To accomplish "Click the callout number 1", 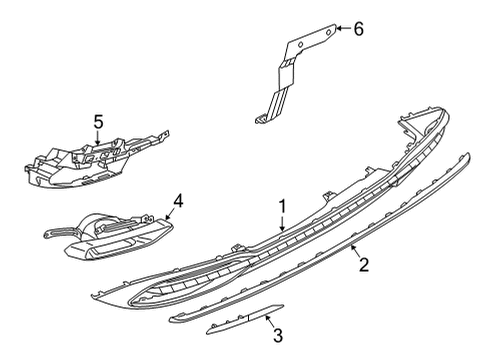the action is [x=282, y=207].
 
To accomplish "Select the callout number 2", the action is [x=364, y=264].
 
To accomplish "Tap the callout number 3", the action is [x=278, y=335].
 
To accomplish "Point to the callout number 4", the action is [x=178, y=201].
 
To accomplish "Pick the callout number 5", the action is [x=98, y=122].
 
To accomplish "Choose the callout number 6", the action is [x=358, y=29].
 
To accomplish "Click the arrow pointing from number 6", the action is [x=344, y=28].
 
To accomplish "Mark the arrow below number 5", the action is [x=98, y=138].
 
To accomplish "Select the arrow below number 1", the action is [x=282, y=223].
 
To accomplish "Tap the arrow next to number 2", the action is [x=355, y=251].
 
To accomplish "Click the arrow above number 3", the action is [x=269, y=321].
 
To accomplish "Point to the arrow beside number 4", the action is [x=169, y=214].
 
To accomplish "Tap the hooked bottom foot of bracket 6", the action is [x=261, y=119].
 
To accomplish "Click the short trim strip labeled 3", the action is [x=245, y=319].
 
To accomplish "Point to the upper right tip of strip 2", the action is [x=468, y=154].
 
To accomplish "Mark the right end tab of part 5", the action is [x=165, y=133].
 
